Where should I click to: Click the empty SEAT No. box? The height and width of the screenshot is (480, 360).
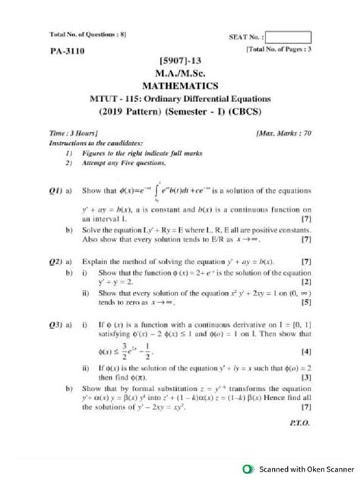(289, 36)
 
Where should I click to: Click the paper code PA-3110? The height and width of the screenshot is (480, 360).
(67, 52)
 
